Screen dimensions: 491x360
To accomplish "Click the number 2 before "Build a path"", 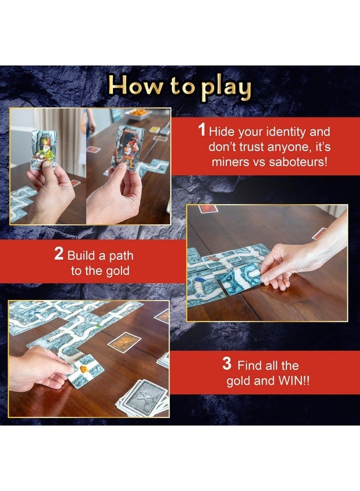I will click(x=59, y=255).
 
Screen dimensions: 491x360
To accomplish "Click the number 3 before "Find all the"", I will click(x=227, y=364).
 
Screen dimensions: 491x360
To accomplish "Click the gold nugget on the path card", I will click(x=85, y=368).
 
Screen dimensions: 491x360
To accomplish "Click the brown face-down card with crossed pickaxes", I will click(x=124, y=342).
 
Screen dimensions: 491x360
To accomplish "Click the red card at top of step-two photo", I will click(x=207, y=209).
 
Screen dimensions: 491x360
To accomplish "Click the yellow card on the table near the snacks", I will click(x=155, y=130).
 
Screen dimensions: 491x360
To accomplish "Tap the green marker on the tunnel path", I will click(x=97, y=327).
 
